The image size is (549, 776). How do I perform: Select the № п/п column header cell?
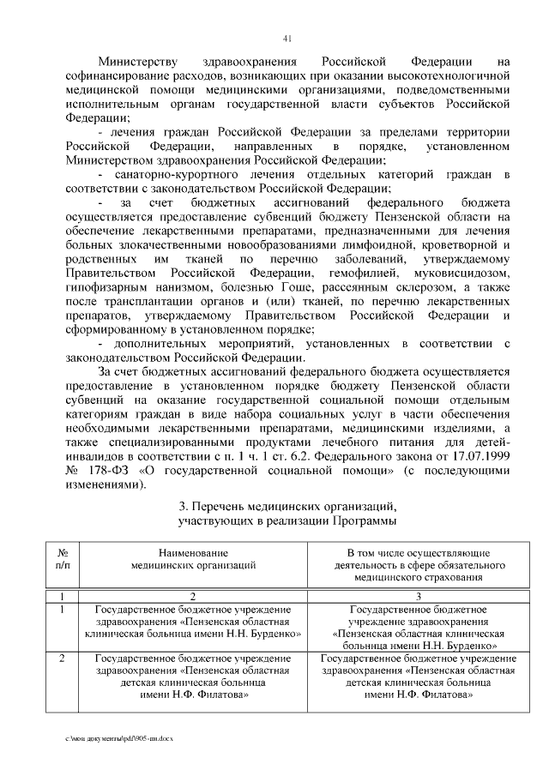(x=62, y=560)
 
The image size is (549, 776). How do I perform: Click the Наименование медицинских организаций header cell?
(x=193, y=560)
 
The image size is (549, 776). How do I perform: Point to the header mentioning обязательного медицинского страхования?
(x=418, y=566)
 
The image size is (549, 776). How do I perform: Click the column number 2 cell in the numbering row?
(x=193, y=596)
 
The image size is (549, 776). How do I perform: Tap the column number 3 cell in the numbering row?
(x=418, y=596)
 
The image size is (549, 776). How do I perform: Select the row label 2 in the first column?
(x=62, y=659)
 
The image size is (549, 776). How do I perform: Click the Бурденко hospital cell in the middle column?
(x=193, y=622)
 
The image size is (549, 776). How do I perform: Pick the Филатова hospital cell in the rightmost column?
(x=418, y=677)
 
